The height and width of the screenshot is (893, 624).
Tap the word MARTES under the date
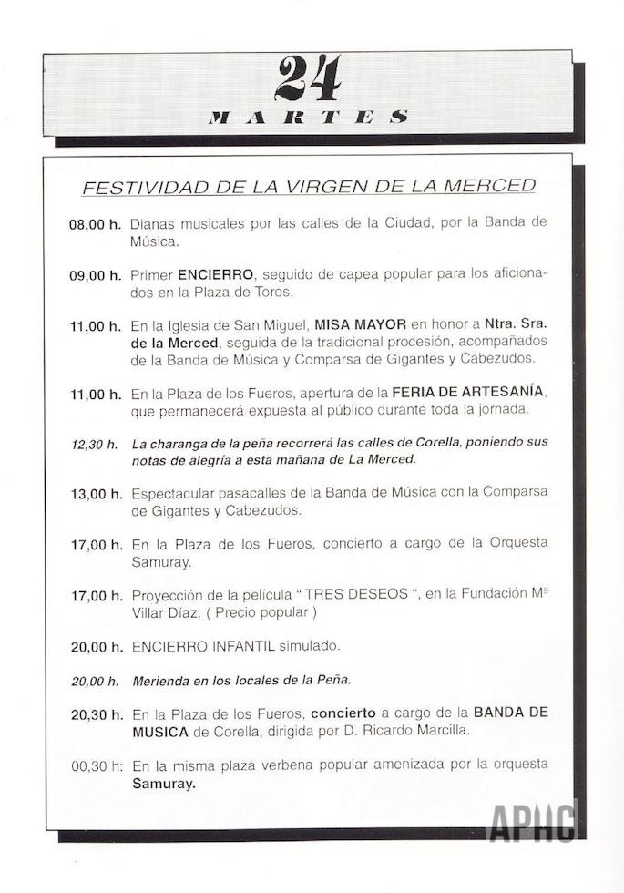308,117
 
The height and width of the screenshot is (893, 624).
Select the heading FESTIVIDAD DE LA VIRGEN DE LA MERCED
309,187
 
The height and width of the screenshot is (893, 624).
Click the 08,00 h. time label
96,224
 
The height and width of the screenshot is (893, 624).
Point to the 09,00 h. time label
96,274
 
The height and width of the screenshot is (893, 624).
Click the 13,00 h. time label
96,494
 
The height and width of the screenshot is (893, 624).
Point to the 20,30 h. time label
96,713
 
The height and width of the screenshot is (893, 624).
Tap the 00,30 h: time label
96,765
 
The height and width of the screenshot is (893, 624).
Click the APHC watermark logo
534,820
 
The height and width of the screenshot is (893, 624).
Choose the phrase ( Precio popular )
262,612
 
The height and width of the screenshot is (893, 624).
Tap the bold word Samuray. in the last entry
164,782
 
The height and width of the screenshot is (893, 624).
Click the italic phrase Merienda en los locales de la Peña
240,680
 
